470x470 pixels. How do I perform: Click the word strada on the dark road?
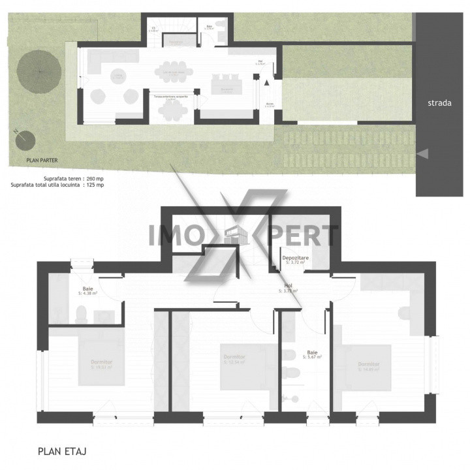click(439, 102)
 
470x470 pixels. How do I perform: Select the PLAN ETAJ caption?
click(63, 450)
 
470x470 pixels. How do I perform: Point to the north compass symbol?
click(24, 137)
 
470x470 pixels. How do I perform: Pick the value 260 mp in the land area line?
click(95, 178)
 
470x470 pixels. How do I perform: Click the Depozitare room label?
click(295, 259)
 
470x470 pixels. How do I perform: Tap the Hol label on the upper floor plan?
click(288, 285)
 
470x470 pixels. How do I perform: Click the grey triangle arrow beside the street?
click(423, 153)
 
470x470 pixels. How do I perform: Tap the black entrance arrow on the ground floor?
click(266, 82)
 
